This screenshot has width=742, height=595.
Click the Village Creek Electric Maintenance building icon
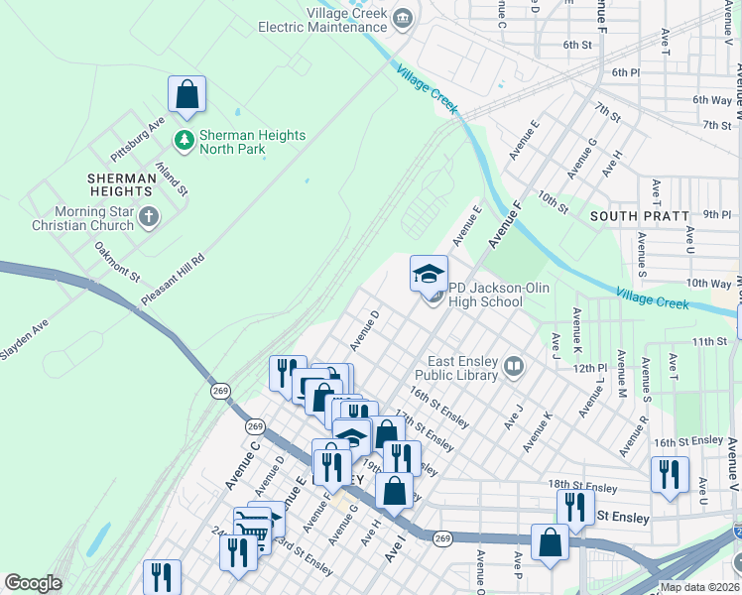[403, 18]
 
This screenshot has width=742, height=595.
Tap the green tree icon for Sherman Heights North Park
[184, 141]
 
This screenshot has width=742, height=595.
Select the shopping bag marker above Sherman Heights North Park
[186, 96]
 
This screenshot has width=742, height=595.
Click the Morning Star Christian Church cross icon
[149, 217]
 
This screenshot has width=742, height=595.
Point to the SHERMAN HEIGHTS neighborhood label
[120, 185]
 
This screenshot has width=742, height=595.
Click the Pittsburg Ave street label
[138, 141]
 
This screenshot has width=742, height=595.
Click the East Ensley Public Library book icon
[513, 368]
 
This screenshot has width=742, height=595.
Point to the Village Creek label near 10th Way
[651, 297]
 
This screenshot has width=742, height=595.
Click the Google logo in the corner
[33, 583]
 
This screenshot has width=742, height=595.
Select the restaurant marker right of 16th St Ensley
[670, 474]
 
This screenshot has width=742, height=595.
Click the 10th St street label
[553, 201]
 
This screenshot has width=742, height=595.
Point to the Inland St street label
[170, 178]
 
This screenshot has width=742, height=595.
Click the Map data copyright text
[699, 587]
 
